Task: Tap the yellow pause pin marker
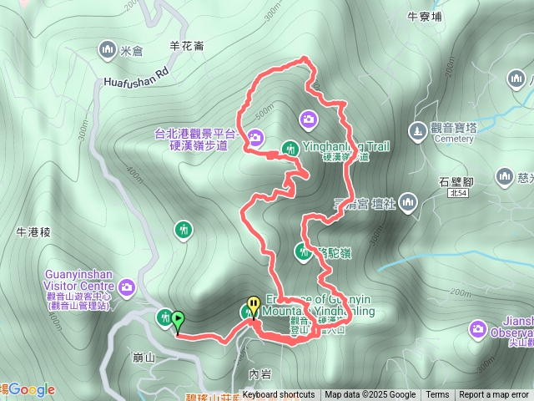point(253,307)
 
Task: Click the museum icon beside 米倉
point(107,50)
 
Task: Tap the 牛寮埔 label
point(425,14)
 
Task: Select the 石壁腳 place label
point(456,180)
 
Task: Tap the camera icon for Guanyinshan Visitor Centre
point(127,288)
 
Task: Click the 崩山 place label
point(144,358)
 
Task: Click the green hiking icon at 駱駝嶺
point(302,250)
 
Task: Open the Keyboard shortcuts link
point(279,395)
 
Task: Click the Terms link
point(437,395)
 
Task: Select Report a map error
point(494,395)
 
